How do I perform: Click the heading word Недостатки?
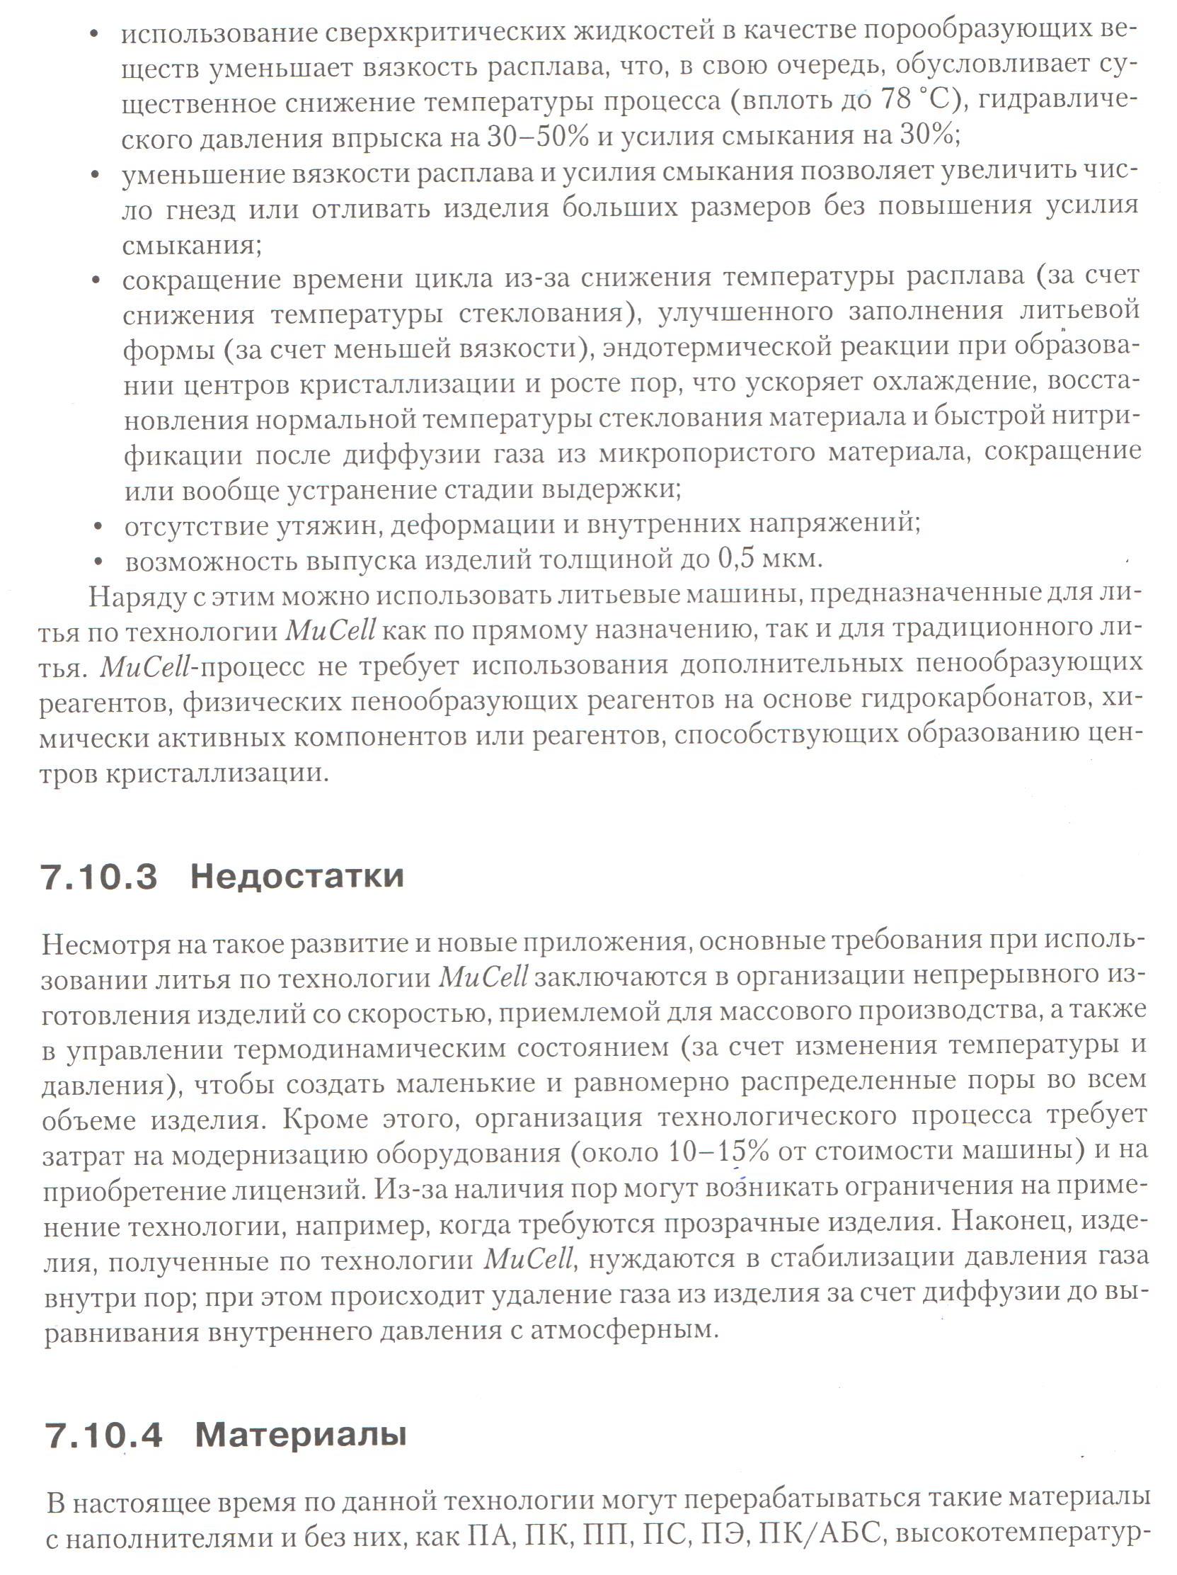(x=297, y=876)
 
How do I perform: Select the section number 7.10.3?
(x=99, y=877)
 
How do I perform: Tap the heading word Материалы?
(x=300, y=1435)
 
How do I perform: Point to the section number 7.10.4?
(x=103, y=1435)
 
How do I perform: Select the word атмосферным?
(x=624, y=1329)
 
